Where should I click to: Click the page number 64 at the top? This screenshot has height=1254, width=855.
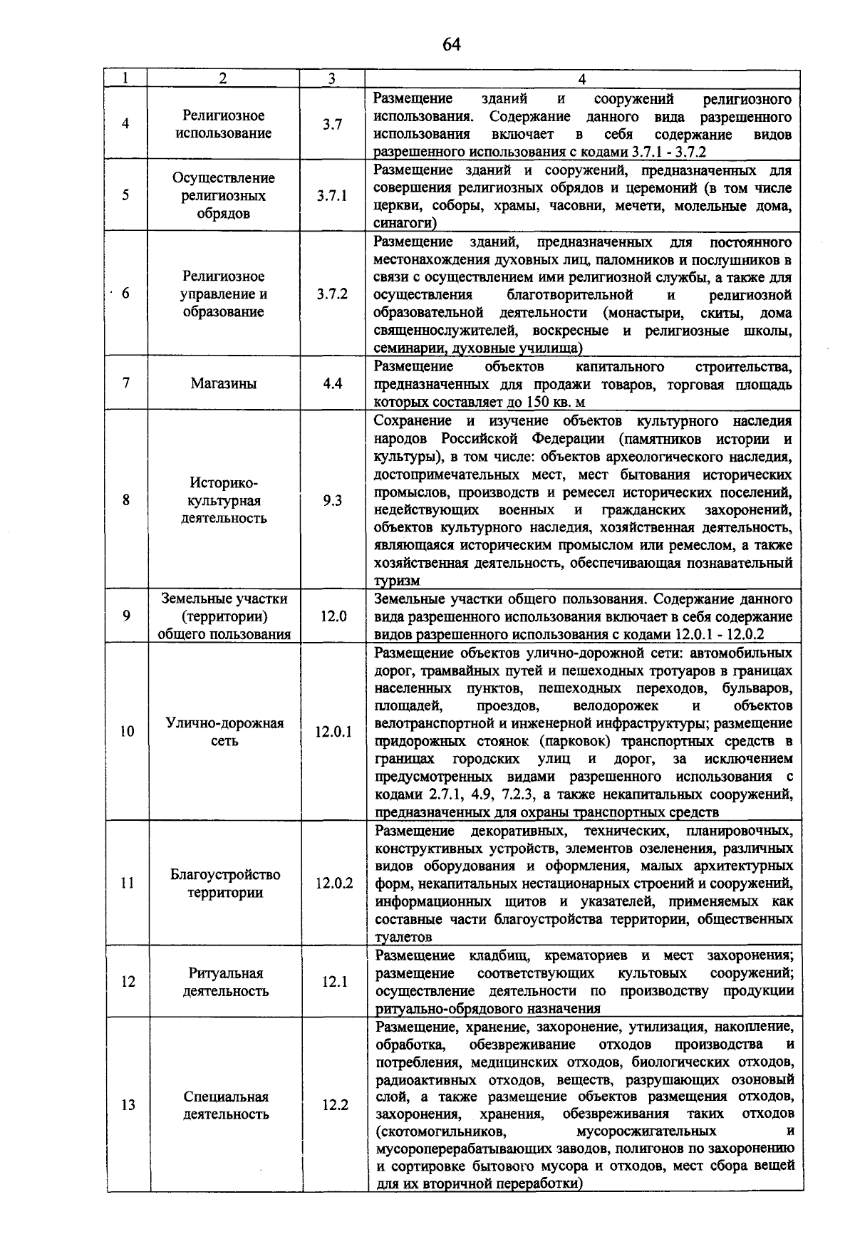pos(452,45)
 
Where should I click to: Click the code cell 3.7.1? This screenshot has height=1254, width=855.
pos(332,196)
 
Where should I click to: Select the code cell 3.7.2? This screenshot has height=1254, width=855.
pos(332,294)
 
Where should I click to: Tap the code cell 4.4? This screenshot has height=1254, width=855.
pos(332,383)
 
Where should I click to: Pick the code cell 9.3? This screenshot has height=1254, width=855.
pos(332,500)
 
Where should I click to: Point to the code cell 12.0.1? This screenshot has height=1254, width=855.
pos(333,732)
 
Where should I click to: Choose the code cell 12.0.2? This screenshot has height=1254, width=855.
pos(334,883)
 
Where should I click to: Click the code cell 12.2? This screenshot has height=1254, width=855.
pos(334,1105)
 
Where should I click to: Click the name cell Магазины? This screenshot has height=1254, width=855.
pos(224,383)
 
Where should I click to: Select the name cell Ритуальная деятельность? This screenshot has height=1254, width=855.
pos(226,982)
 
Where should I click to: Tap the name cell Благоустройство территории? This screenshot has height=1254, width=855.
pos(225,883)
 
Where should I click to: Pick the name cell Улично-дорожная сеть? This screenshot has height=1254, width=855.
pos(225,732)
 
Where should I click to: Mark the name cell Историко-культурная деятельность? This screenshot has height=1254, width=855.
pos(224,500)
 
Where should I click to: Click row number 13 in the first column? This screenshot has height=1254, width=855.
pos(128,1105)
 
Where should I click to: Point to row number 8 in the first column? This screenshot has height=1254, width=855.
pos(126,500)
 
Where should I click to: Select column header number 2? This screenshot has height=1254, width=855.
pos(223,79)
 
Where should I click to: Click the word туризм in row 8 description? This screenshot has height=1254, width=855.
pos(397,581)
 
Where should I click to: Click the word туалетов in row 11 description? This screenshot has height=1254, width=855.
pos(403,938)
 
